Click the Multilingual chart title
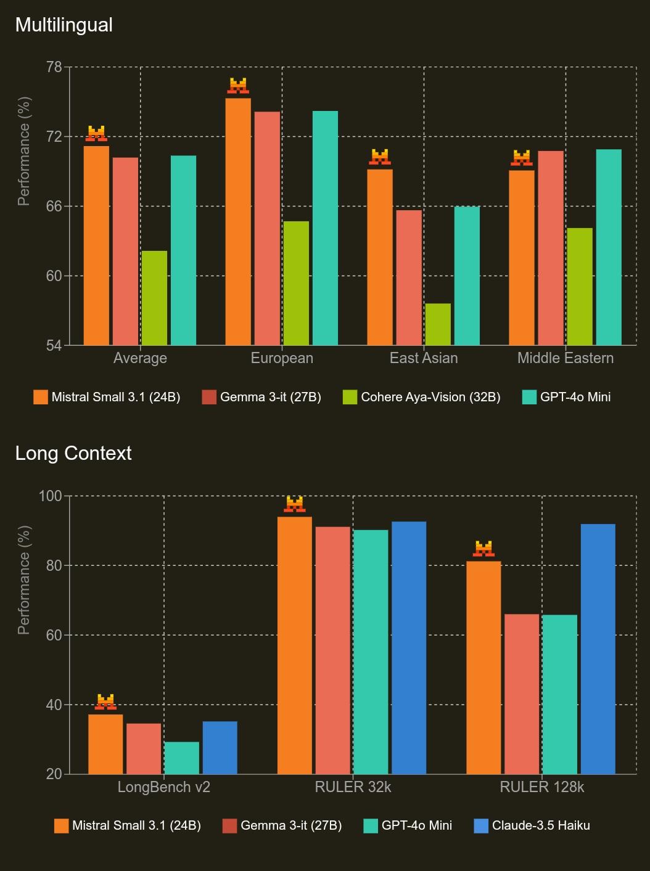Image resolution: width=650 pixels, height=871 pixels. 64,25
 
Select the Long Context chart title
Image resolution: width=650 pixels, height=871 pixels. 73,454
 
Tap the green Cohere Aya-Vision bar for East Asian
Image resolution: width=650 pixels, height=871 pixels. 438,324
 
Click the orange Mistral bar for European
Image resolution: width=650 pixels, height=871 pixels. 238,222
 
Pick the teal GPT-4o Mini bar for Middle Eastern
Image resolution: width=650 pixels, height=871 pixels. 609,247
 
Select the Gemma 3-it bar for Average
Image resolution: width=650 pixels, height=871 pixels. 125,251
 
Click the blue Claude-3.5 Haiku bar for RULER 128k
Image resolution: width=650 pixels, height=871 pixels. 598,649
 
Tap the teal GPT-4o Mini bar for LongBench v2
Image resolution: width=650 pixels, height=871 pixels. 181,758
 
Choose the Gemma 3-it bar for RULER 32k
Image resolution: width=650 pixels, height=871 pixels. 332,650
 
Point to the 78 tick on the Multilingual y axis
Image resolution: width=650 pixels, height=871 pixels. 54,67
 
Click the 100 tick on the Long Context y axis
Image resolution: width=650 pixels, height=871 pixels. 51,496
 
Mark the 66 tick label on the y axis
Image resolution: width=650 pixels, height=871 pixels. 54,207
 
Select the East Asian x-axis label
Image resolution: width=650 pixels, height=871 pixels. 424,358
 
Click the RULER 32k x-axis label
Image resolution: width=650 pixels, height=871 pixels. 353,787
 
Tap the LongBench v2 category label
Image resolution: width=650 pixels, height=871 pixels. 164,787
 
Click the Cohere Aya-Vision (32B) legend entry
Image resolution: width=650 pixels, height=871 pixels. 422,397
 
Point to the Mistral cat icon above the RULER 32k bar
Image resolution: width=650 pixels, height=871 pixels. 295,504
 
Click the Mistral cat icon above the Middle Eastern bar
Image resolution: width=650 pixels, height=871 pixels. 522,158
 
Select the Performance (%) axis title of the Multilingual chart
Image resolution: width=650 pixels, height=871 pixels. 24,151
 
